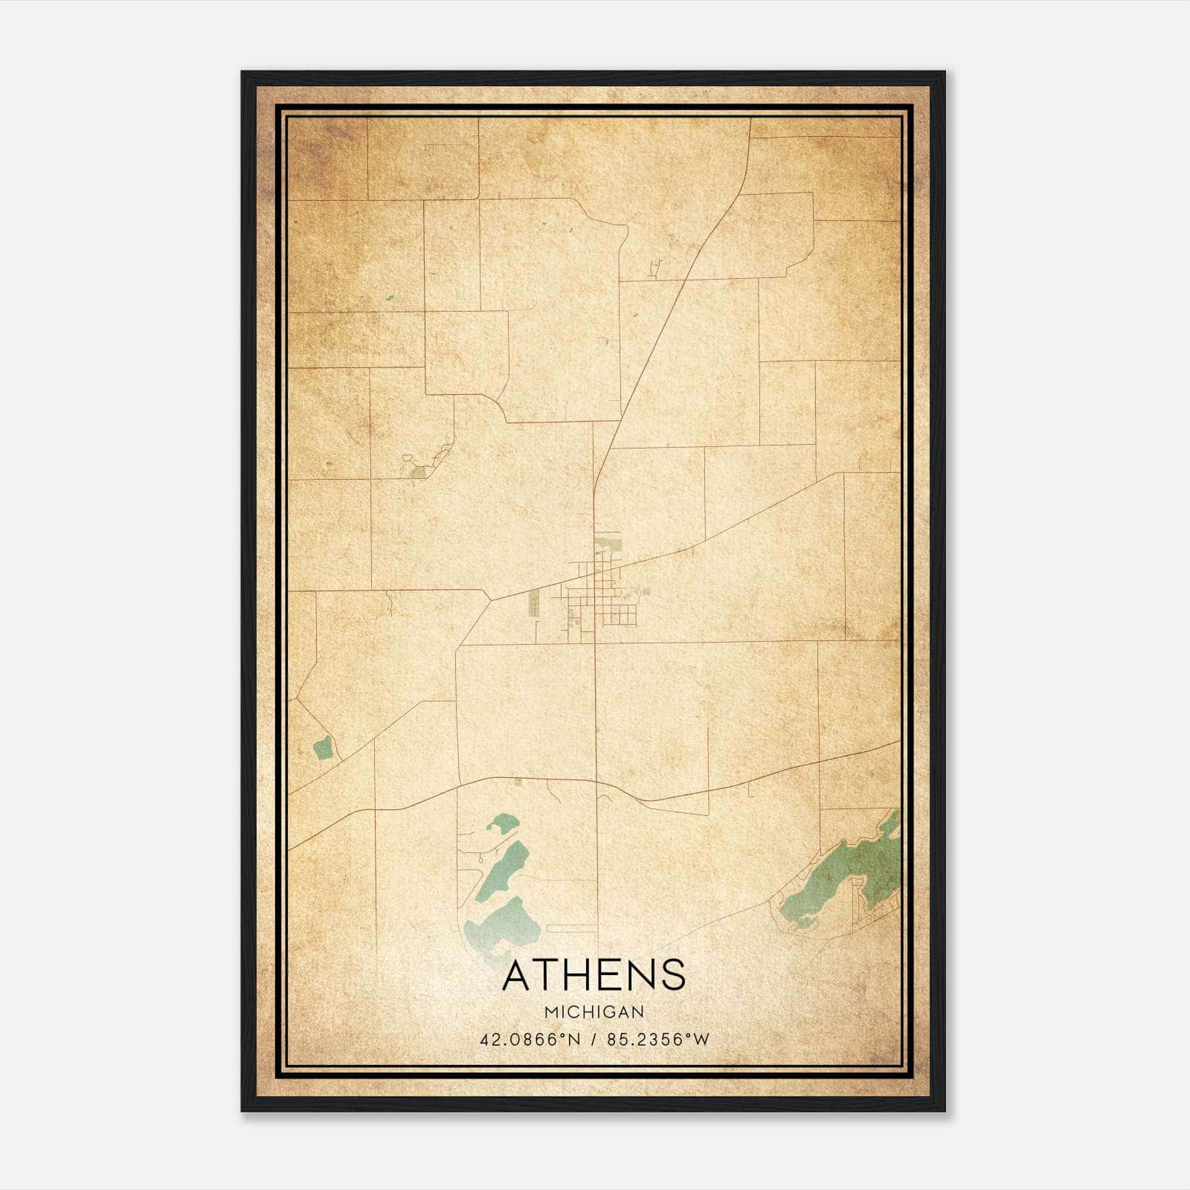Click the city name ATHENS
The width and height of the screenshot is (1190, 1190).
(594, 976)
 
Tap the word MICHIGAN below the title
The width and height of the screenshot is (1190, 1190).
(594, 1012)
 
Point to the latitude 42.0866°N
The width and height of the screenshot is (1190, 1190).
(530, 1040)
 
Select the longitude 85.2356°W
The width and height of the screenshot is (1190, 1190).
(658, 1040)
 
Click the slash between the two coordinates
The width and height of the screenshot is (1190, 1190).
(594, 1040)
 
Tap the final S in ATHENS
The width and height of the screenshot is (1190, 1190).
(673, 976)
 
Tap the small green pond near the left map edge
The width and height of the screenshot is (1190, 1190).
(322, 747)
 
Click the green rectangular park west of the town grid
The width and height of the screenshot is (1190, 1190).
(534, 603)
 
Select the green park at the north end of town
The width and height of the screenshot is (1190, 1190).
(611, 542)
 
